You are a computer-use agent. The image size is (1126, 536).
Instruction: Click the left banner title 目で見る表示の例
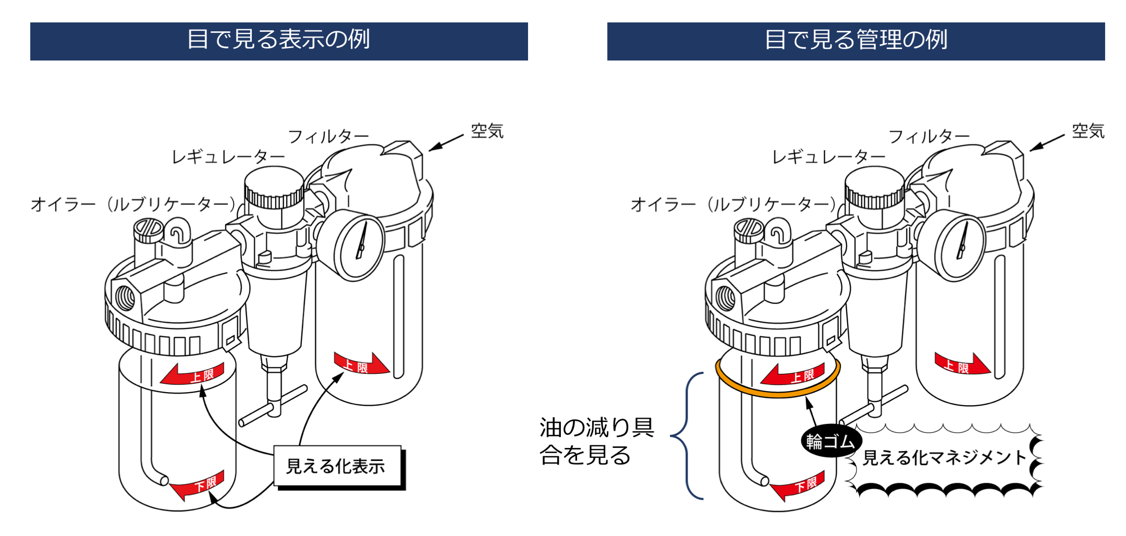coord(278,40)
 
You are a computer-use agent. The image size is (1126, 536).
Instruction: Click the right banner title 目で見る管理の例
coord(855,40)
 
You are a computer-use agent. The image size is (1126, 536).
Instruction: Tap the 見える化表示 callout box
coord(337,466)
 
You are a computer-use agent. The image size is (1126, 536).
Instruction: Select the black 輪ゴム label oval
coord(830,442)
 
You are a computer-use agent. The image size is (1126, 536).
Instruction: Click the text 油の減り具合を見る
coord(595,441)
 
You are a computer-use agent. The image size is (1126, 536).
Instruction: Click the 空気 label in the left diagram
coord(487,131)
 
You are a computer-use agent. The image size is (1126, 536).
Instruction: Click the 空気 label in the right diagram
coord(1088,131)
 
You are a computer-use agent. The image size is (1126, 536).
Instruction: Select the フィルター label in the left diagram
coord(328,137)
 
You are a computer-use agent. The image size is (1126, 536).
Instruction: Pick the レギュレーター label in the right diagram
coord(828,157)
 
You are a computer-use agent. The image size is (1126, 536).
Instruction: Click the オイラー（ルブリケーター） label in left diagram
coord(133,204)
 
